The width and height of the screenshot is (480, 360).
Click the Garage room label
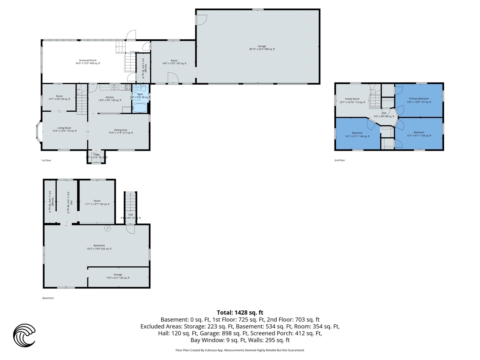[x=262, y=48]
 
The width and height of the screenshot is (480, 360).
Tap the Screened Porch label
[x=88, y=62]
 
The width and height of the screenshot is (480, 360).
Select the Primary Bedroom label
[x=419, y=100]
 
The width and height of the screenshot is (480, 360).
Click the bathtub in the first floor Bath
[x=140, y=108]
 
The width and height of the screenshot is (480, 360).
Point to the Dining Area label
[x=120, y=131]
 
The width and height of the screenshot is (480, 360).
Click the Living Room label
[x=64, y=129]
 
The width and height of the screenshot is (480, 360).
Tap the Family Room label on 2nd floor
[x=352, y=100]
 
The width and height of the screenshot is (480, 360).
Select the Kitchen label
[x=109, y=99]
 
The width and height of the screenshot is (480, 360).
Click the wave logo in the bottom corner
[x=24, y=335]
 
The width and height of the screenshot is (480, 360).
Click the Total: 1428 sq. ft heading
[x=240, y=312]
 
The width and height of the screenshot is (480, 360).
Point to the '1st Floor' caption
[x=46, y=160]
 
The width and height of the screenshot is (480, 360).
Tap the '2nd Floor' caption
[x=339, y=160]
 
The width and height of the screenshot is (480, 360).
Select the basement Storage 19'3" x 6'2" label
[x=118, y=276]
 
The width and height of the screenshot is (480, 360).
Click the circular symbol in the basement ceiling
[x=108, y=228]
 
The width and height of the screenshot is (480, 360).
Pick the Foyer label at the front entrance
[x=96, y=156]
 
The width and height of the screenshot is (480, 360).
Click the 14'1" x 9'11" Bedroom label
[x=357, y=135]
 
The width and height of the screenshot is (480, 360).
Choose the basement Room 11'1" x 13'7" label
[x=97, y=202]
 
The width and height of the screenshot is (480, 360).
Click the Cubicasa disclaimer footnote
[x=240, y=350]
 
